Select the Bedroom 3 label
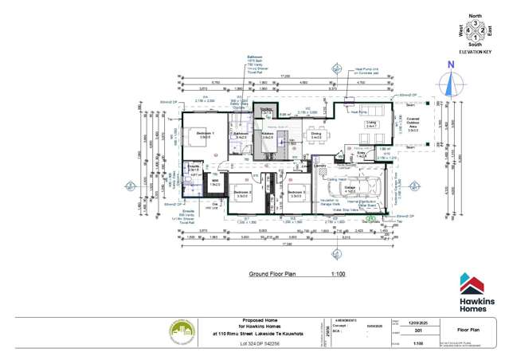coord(296,192)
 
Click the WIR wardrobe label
coord(213,183)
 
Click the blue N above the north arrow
coord(450,65)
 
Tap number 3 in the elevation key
coord(476,24)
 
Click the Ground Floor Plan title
coord(272,273)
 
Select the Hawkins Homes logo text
coord(475,302)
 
